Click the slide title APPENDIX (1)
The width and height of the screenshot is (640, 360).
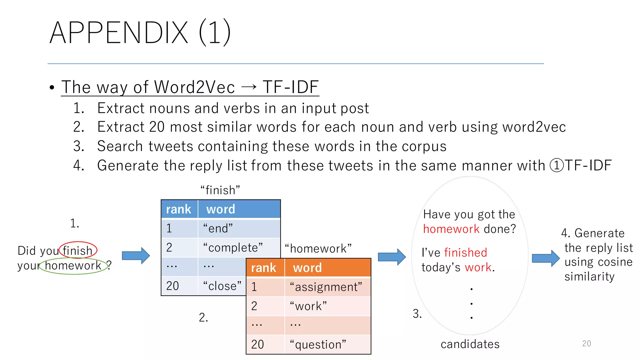click(x=140, y=32)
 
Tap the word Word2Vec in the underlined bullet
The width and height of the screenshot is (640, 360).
click(x=194, y=87)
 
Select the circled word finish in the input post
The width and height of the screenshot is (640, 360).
click(x=77, y=251)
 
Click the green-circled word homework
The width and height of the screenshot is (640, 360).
click(x=73, y=266)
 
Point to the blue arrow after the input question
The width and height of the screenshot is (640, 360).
click(x=136, y=256)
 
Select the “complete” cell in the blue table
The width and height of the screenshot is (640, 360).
click(x=232, y=247)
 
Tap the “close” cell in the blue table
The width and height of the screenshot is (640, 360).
click(x=222, y=286)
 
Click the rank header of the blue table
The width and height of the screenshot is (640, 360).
click(x=179, y=209)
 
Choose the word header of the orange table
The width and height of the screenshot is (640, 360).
click(x=307, y=268)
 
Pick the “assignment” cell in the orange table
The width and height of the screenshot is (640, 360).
click(x=326, y=287)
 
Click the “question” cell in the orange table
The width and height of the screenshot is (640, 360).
click(x=318, y=344)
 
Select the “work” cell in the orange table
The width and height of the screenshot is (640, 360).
click(x=308, y=306)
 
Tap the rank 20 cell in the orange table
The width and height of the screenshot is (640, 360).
click(x=258, y=344)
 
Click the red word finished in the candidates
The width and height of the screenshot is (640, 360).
click(x=465, y=252)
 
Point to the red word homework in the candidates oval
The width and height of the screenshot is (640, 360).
click(x=451, y=229)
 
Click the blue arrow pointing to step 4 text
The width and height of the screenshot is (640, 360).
click(x=546, y=258)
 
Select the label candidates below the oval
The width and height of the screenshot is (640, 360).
click(x=470, y=344)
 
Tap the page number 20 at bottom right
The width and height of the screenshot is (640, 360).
click(x=587, y=343)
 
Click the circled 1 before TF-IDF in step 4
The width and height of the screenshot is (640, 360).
click(x=557, y=166)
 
